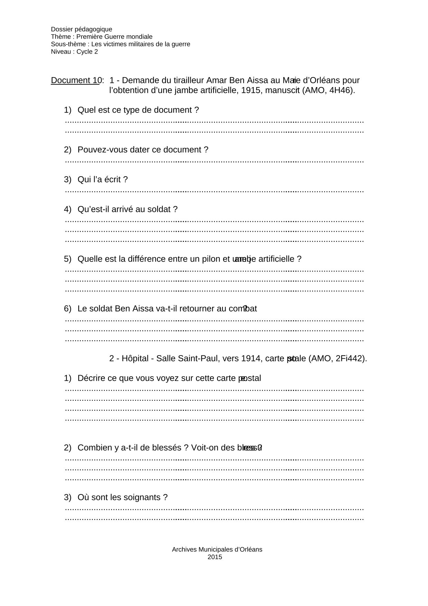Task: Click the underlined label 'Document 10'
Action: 75,81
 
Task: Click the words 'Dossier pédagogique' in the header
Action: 82,29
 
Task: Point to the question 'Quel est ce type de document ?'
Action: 138,110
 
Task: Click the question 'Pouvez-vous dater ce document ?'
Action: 143,150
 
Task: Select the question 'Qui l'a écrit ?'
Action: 102,180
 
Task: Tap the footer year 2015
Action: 215,557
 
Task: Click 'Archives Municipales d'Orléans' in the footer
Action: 217,549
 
